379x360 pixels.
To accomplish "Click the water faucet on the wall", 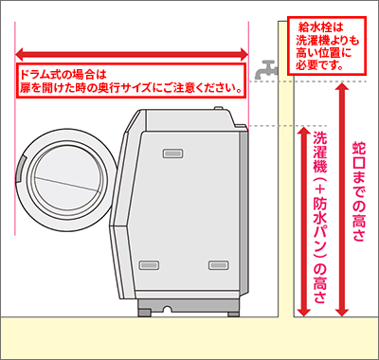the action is coord(265,70).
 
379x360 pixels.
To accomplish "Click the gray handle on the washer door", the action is coord(19,170).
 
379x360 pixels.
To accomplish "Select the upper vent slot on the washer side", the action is coord(173,153).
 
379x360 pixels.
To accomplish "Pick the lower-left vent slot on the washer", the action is coord(149,264).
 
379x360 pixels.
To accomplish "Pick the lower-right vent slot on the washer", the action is coord(219,264).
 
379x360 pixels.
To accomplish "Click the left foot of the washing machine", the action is coord(144,313).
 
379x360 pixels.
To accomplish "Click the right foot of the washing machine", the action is coord(234,314).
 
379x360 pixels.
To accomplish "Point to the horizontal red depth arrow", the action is coord(132,54).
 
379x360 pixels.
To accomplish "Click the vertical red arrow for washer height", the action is coord(304,222).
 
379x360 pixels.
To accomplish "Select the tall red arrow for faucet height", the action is coord(342,199).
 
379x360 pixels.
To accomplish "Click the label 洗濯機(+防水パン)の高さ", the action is coord(319,217).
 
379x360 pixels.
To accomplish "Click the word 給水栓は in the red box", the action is coord(320,27).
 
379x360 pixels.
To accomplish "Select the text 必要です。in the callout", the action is coord(319,64).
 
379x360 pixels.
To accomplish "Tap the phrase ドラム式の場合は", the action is coord(62,75).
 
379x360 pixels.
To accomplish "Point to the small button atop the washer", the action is coord(219,108).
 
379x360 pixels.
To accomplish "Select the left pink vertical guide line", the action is coord(15,129).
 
